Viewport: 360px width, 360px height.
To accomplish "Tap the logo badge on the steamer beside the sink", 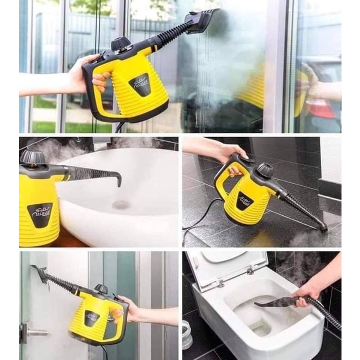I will (39, 214).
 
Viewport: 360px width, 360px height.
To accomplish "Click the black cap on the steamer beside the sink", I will (32, 156).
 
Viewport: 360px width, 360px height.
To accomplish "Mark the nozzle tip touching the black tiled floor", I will (323, 227).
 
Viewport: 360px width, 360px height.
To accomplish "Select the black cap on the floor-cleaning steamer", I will (264, 170).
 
